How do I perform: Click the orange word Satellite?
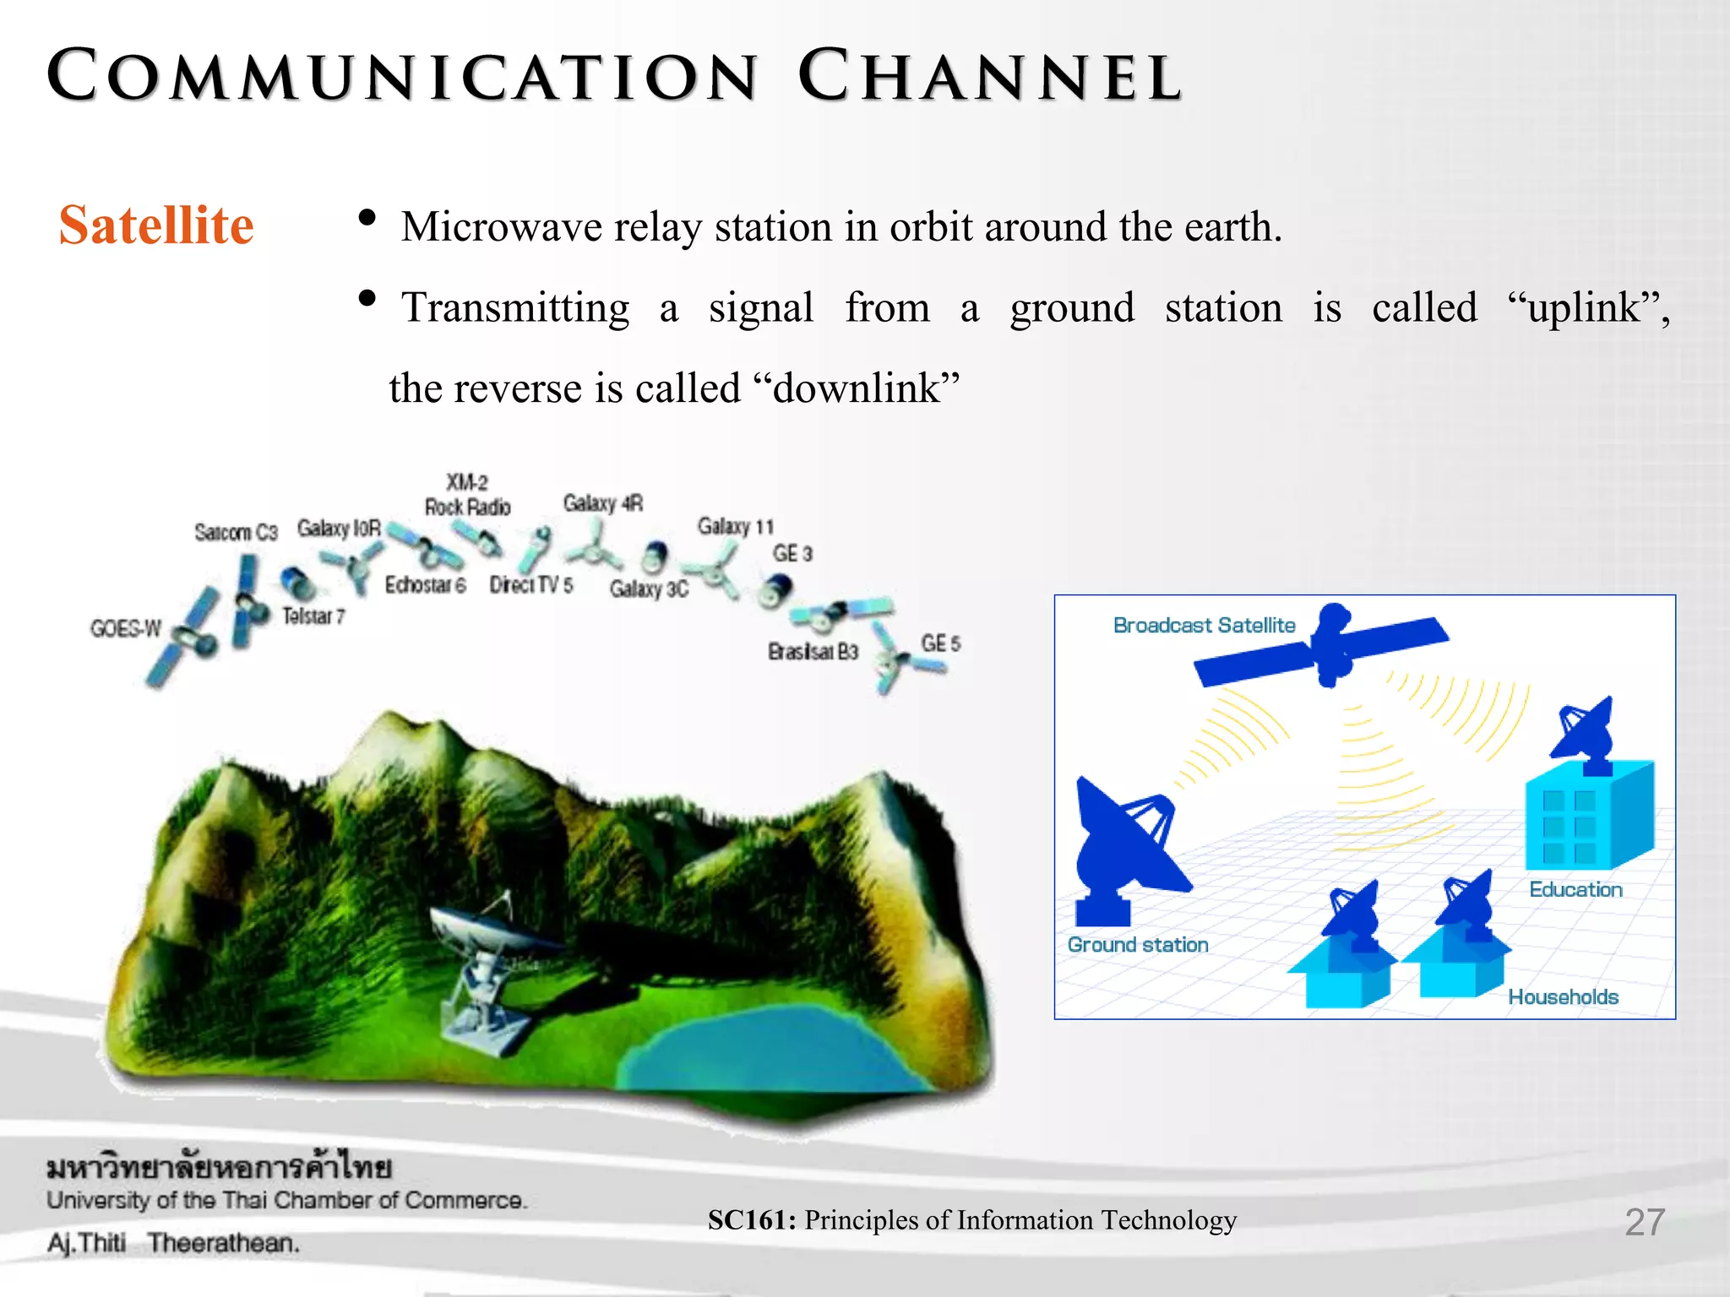pyautogui.click(x=156, y=225)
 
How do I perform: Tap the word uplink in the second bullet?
pyautogui.click(x=1584, y=308)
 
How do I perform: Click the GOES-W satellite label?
pyautogui.click(x=125, y=629)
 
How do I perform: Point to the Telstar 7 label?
pyautogui.click(x=313, y=616)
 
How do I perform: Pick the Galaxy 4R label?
pyautogui.click(x=603, y=504)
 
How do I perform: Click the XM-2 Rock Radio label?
pyautogui.click(x=467, y=496)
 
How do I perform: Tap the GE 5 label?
pyautogui.click(x=940, y=643)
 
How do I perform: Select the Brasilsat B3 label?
pyautogui.click(x=813, y=652)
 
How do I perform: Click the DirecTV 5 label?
pyautogui.click(x=531, y=585)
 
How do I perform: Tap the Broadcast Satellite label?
pyautogui.click(x=1204, y=626)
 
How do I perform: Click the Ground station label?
pyautogui.click(x=1138, y=945)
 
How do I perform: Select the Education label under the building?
pyautogui.click(x=1575, y=890)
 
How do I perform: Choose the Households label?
pyautogui.click(x=1563, y=997)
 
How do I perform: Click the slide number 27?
pyautogui.click(x=1645, y=1222)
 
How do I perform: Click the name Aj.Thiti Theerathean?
pyautogui.click(x=173, y=1244)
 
